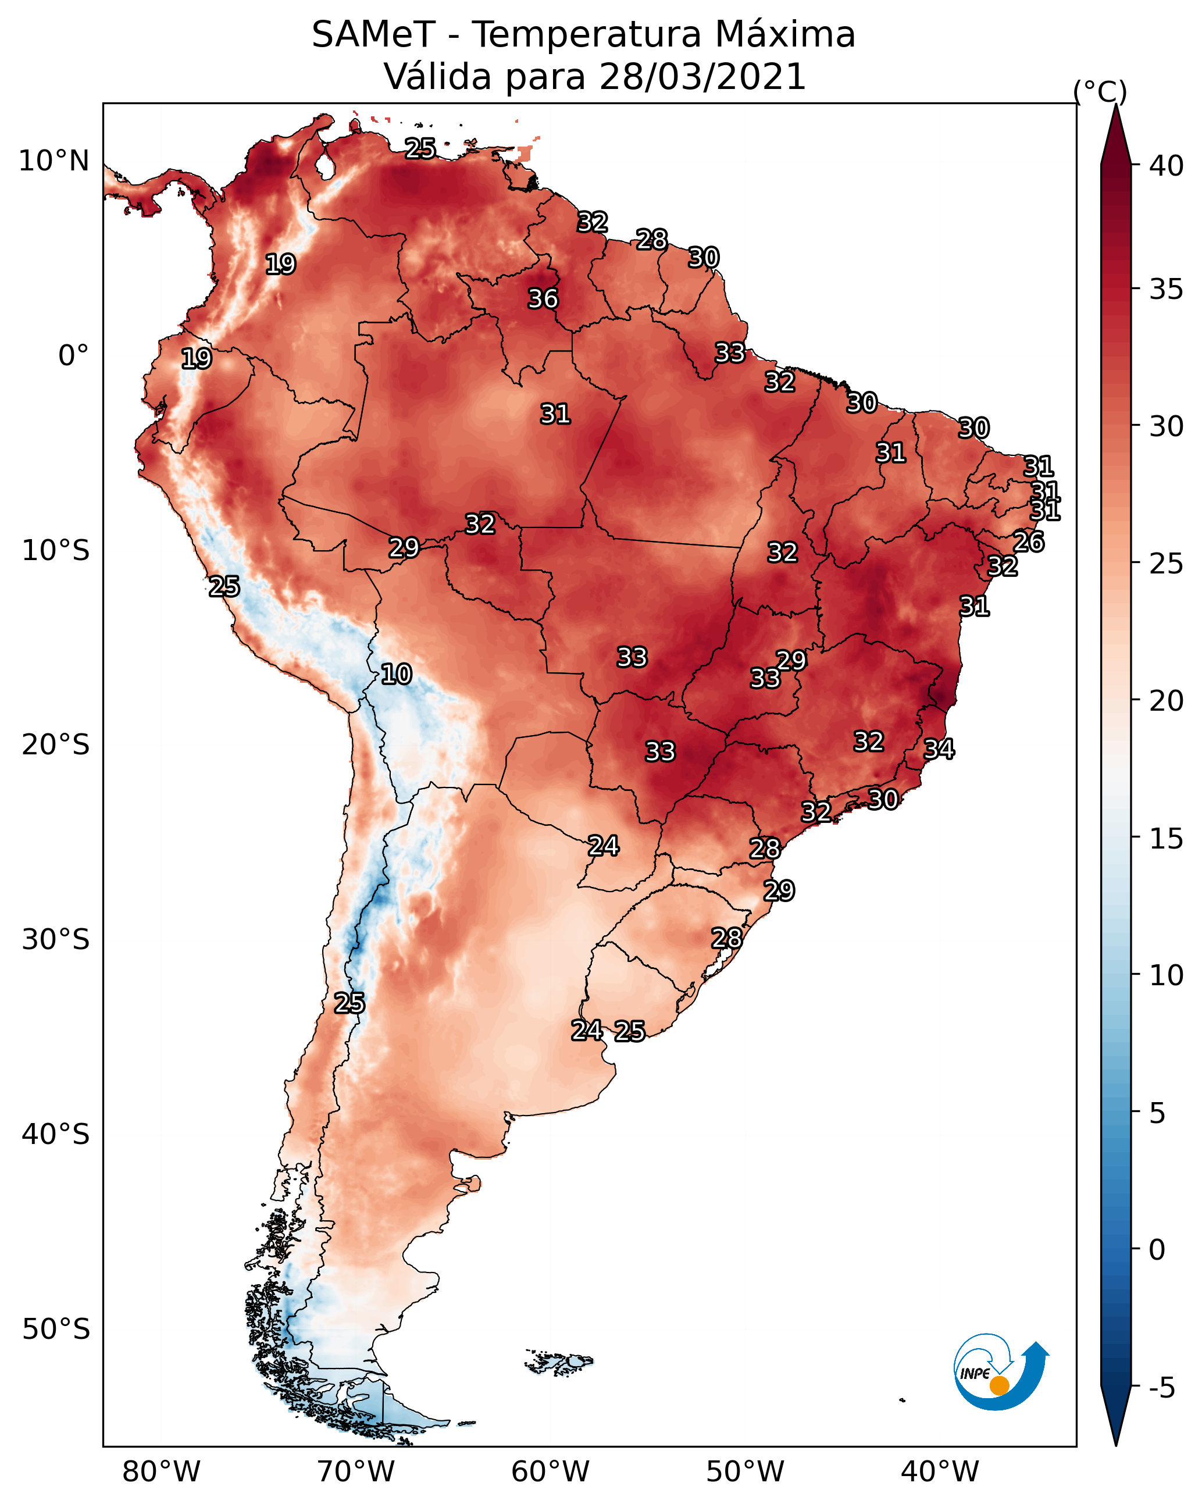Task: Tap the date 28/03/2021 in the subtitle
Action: coord(702,77)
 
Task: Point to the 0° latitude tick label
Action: coord(73,356)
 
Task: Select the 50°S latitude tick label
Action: coord(56,1330)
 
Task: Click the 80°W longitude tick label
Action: coord(161,1472)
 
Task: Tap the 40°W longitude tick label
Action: coord(940,1472)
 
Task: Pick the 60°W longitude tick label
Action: coord(551,1472)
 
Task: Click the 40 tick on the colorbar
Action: coord(1167,166)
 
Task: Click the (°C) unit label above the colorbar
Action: coord(1100,91)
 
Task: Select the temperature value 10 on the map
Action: coord(396,675)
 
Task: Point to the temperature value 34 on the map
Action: coord(939,749)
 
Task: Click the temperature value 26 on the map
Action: coord(1029,542)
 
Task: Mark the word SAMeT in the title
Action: coord(373,35)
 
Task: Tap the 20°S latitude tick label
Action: coord(56,745)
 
